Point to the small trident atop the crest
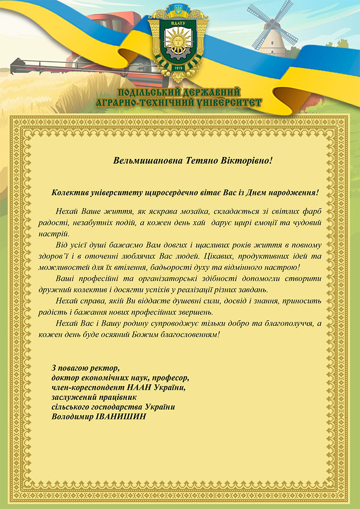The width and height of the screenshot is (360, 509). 178,9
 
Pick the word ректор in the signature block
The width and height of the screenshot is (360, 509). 104,368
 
